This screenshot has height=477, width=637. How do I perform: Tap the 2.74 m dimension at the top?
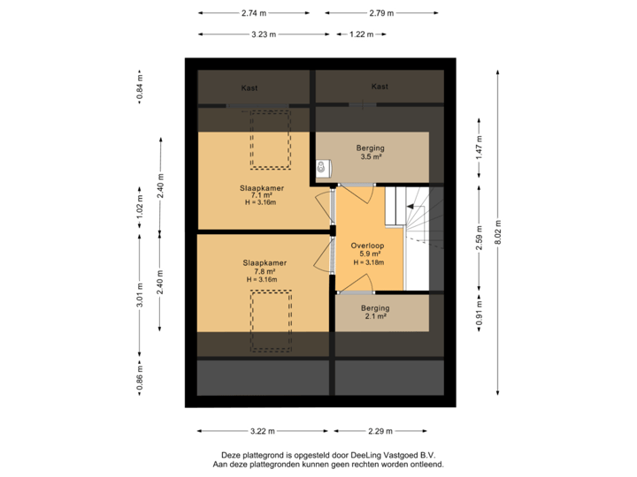(x=253, y=13)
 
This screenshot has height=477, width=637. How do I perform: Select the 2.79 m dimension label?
(x=381, y=13)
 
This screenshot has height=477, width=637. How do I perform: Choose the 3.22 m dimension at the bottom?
(x=263, y=431)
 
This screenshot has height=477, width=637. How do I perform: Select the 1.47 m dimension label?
(x=479, y=146)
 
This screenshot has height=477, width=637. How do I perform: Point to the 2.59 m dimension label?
(x=479, y=241)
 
